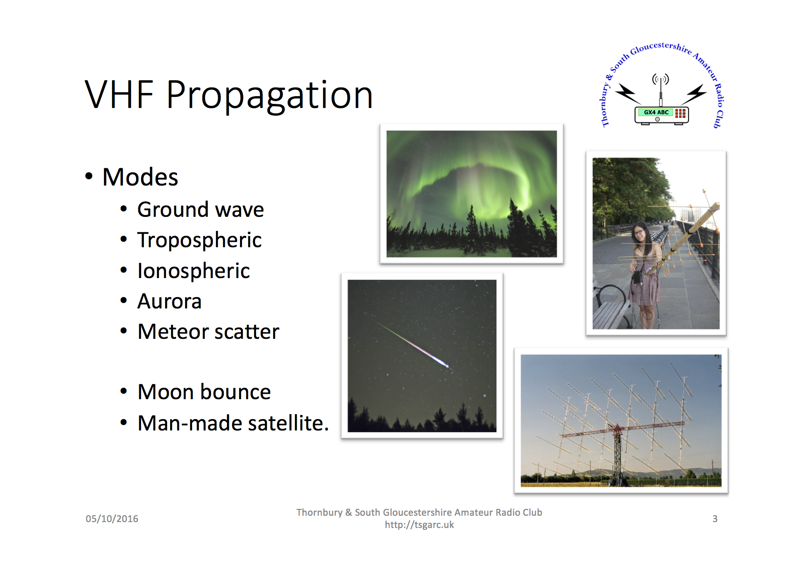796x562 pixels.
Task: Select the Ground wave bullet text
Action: [201, 210]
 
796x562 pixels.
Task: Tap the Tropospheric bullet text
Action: [200, 240]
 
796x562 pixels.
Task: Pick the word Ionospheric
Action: [194, 271]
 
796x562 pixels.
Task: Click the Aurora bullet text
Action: [170, 301]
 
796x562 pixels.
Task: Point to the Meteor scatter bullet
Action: [208, 332]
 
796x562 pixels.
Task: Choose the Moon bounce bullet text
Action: [204, 392]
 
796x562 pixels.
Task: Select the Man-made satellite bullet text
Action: [233, 423]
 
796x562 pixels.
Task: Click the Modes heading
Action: [140, 177]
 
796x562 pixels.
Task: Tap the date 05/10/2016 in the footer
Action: [112, 519]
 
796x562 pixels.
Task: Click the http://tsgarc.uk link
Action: [419, 525]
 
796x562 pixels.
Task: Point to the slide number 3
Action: [715, 519]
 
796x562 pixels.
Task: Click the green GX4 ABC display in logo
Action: [655, 112]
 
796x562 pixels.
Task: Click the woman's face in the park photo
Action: [639, 232]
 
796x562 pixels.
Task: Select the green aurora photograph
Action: [472, 194]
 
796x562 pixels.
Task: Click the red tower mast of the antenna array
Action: [617, 454]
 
